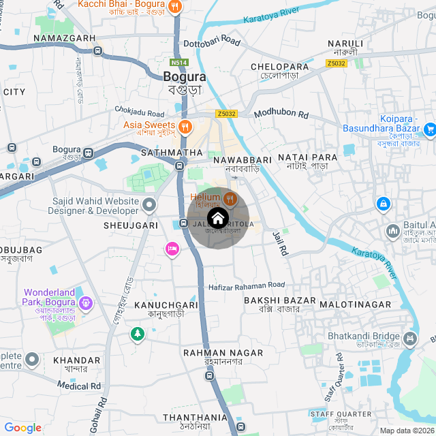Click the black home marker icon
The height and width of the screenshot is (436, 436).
(217, 219)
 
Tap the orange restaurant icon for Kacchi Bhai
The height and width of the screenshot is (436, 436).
(176, 7)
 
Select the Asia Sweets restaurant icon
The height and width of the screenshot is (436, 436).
(185, 126)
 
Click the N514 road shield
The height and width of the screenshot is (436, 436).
(179, 62)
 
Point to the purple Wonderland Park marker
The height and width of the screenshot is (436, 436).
(84, 301)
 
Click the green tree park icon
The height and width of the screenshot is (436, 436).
(138, 334)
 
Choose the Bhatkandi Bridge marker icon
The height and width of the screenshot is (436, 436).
(410, 337)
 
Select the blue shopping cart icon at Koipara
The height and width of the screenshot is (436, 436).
(429, 129)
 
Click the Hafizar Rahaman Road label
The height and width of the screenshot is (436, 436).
(247, 285)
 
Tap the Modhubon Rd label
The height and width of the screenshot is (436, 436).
(281, 114)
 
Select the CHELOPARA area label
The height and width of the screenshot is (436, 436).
(280, 66)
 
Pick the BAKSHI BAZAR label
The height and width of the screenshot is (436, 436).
(280, 300)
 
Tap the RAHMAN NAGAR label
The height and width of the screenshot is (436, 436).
(223, 352)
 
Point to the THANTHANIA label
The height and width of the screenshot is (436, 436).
(195, 418)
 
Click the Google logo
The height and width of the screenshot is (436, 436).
(22, 428)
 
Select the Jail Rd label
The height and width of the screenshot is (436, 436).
(280, 243)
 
